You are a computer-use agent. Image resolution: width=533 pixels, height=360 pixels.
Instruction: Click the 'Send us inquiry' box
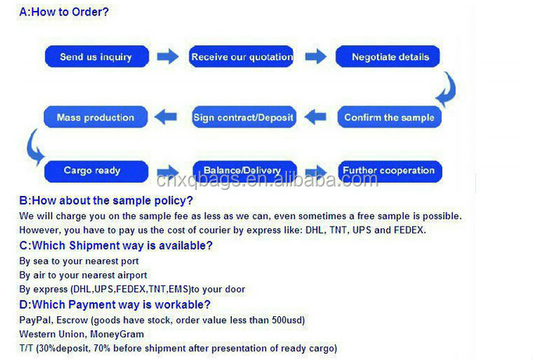point(97,56)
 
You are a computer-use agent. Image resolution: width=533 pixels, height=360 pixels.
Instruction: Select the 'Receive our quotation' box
point(241,56)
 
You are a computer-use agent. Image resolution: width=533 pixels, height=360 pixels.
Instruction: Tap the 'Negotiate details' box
point(388,56)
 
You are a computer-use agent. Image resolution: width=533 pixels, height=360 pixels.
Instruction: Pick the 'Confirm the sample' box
point(389,117)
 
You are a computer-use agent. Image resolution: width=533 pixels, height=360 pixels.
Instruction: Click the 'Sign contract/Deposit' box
point(243,117)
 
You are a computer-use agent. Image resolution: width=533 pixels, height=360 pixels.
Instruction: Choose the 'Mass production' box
point(95,117)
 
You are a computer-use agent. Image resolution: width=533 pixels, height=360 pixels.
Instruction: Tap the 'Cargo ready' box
point(96,171)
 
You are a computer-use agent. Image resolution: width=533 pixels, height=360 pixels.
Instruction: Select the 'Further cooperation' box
point(390,171)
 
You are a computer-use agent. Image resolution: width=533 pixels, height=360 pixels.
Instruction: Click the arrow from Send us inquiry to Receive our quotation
point(168,56)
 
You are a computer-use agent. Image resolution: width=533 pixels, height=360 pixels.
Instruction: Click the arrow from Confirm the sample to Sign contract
point(315,117)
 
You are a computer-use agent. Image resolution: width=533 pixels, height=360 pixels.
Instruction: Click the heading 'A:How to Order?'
point(64,12)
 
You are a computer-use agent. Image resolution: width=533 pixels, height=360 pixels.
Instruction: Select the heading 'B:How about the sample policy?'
point(106,201)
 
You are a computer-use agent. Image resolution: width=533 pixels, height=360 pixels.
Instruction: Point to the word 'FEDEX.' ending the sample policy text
point(410,230)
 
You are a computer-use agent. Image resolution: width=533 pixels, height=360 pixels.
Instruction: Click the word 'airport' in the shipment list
point(132,276)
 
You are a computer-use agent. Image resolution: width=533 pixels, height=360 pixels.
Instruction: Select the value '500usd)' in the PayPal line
point(288,320)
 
